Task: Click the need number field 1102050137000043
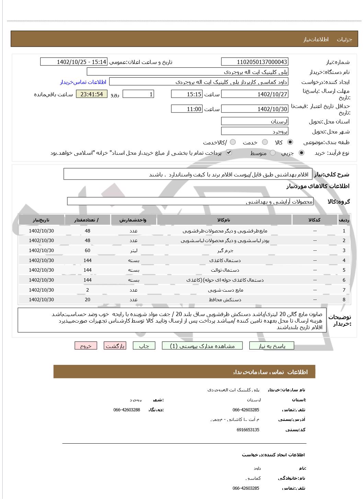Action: (254, 62)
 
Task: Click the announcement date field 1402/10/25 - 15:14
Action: (74, 62)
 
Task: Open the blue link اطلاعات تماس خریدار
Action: (83, 82)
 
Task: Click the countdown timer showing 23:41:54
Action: (92, 94)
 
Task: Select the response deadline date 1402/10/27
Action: (254, 94)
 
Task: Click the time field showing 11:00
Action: (187, 109)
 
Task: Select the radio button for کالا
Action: (290, 142)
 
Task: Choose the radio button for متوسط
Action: (273, 153)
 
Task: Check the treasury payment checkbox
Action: (229, 152)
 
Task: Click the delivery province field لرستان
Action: (254, 121)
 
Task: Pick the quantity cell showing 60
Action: (88, 250)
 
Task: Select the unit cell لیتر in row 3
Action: (133, 250)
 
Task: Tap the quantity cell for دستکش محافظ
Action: (88, 300)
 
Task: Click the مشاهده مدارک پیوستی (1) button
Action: (202, 346)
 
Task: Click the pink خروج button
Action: (86, 346)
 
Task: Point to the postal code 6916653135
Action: (248, 430)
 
